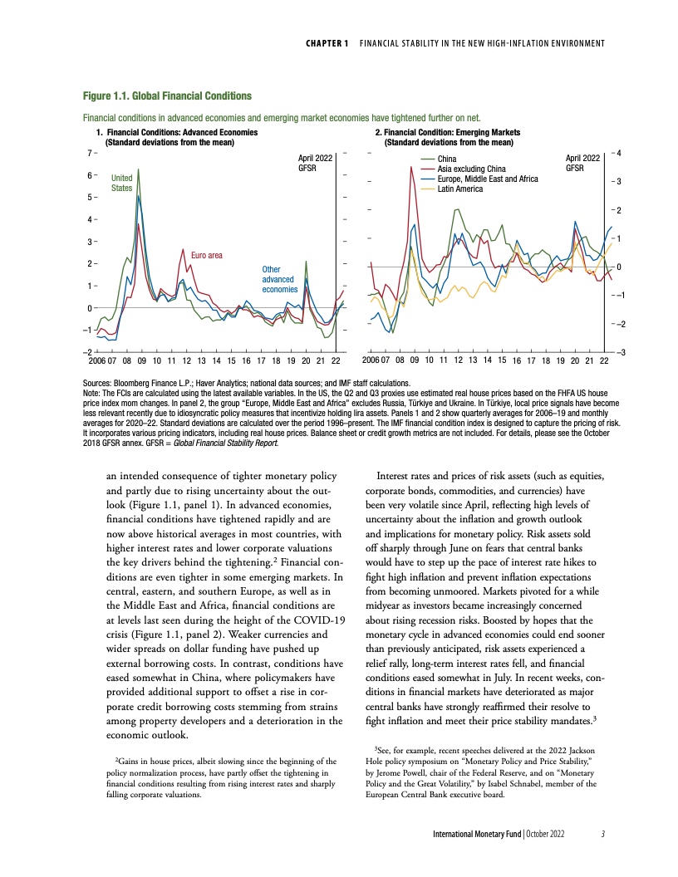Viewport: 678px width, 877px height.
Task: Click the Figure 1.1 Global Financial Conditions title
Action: click(x=165, y=97)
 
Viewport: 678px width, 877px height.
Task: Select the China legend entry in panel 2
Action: click(x=448, y=158)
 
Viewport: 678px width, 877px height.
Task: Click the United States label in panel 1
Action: click(x=122, y=183)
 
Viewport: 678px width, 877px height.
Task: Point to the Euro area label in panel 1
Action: click(x=207, y=255)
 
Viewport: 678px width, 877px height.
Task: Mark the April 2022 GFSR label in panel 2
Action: click(x=582, y=163)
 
